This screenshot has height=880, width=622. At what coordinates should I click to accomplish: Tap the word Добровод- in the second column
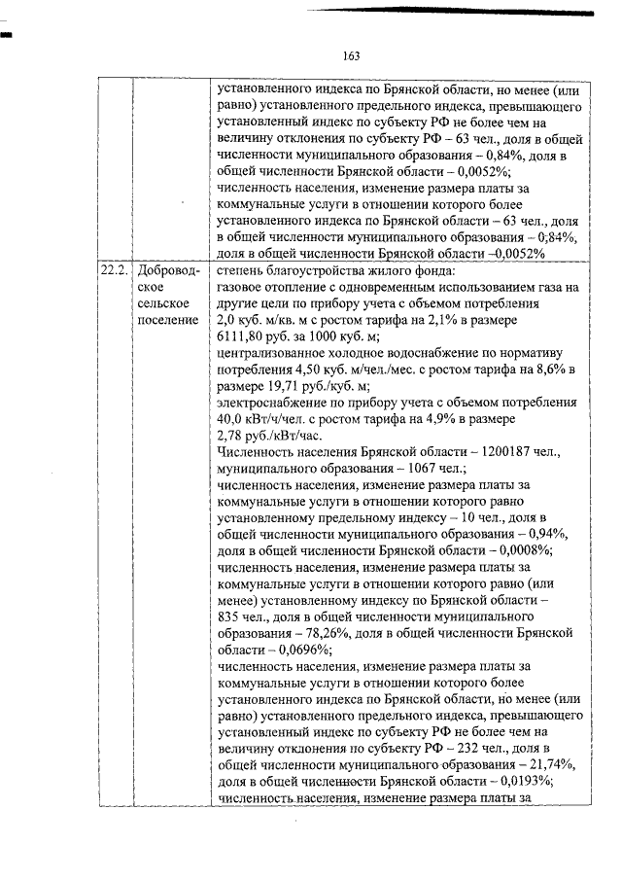click(x=171, y=270)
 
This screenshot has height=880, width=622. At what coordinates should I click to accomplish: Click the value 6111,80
click(x=245, y=335)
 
